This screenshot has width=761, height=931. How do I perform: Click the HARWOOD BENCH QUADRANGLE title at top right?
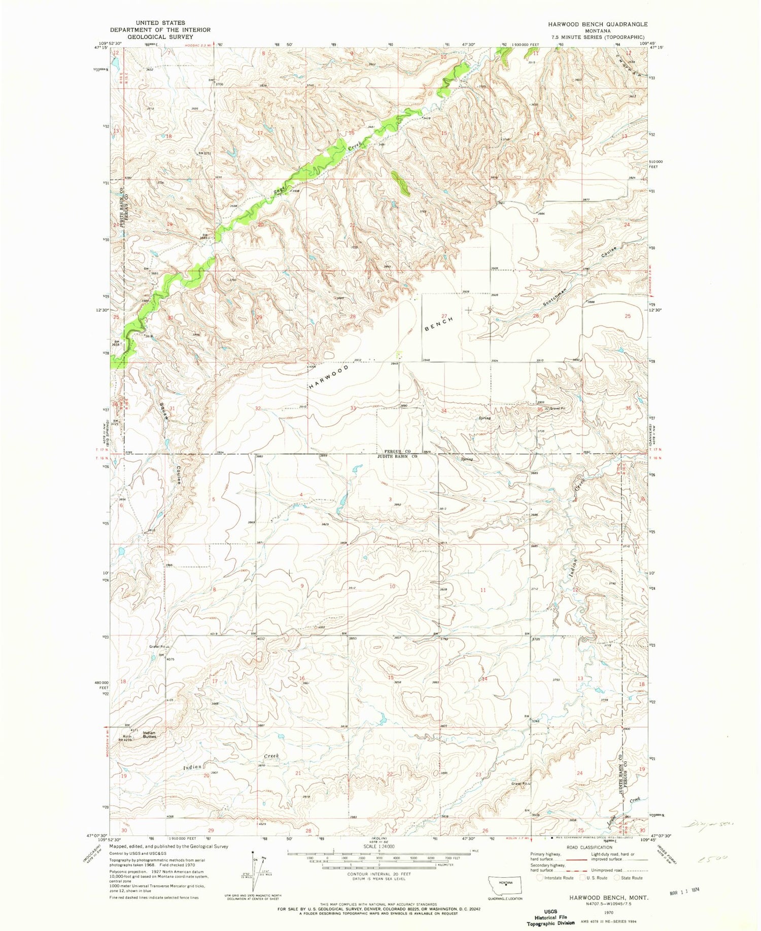point(597,24)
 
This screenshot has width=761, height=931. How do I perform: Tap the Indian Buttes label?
point(149,734)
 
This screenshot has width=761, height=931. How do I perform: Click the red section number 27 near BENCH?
point(444,316)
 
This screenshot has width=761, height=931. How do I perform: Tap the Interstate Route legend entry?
point(555,878)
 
